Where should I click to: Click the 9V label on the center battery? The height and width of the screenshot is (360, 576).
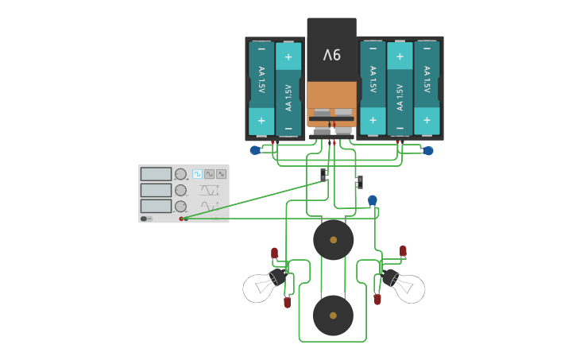(331, 55)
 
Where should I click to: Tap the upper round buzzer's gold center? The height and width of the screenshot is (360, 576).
(333, 239)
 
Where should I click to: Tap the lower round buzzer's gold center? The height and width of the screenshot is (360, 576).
(333, 315)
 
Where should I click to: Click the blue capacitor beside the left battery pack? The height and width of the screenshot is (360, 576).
(255, 150)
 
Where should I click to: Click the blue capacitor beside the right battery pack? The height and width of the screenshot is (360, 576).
(428, 150)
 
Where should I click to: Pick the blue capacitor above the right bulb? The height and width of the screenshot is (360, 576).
(373, 200)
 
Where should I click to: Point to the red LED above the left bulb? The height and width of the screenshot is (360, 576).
(275, 253)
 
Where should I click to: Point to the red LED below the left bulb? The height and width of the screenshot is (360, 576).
(287, 302)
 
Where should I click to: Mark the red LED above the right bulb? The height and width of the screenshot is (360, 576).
(403, 251)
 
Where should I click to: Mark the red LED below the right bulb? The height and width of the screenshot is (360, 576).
(377, 300)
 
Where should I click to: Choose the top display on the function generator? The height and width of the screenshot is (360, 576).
(156, 174)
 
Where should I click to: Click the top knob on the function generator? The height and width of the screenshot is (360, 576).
(180, 174)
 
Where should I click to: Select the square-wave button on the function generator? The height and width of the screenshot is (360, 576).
(197, 173)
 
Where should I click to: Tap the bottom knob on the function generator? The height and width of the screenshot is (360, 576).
(180, 206)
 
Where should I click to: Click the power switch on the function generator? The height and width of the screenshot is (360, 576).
(146, 219)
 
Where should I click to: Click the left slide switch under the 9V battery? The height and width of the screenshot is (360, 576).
(323, 174)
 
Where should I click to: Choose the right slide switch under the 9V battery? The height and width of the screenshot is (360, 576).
(359, 182)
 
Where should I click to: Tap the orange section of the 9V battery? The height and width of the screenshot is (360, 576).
(331, 99)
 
